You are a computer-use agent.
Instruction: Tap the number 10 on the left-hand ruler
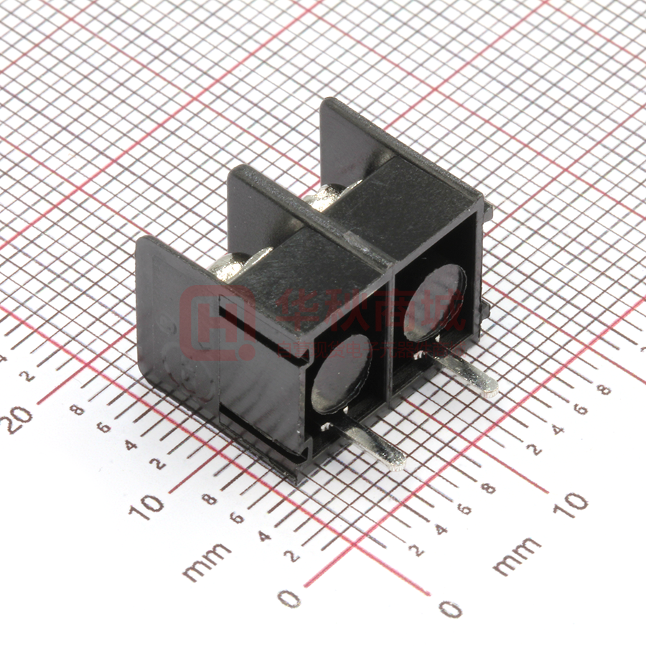[x=151, y=506]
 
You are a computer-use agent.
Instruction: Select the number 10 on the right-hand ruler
[x=571, y=503]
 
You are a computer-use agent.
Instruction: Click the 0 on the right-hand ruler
[x=449, y=608]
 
